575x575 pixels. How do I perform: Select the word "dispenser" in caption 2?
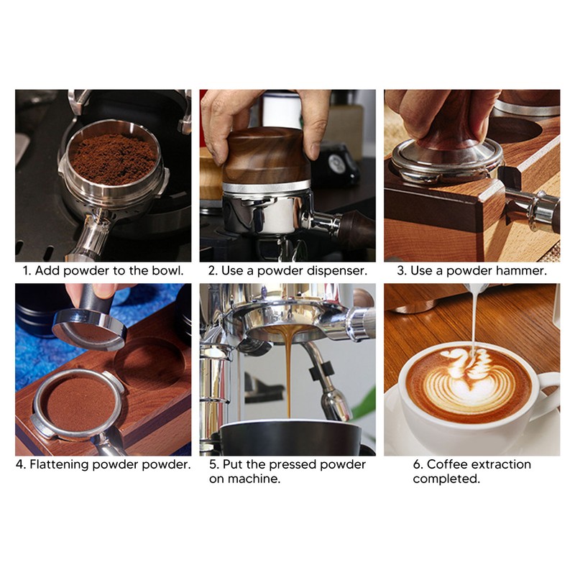[337, 271]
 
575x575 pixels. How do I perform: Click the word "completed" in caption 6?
[446, 479]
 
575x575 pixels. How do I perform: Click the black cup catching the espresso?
[287, 438]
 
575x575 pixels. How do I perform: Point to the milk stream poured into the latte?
[474, 316]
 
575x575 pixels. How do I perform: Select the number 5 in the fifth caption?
[213, 464]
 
